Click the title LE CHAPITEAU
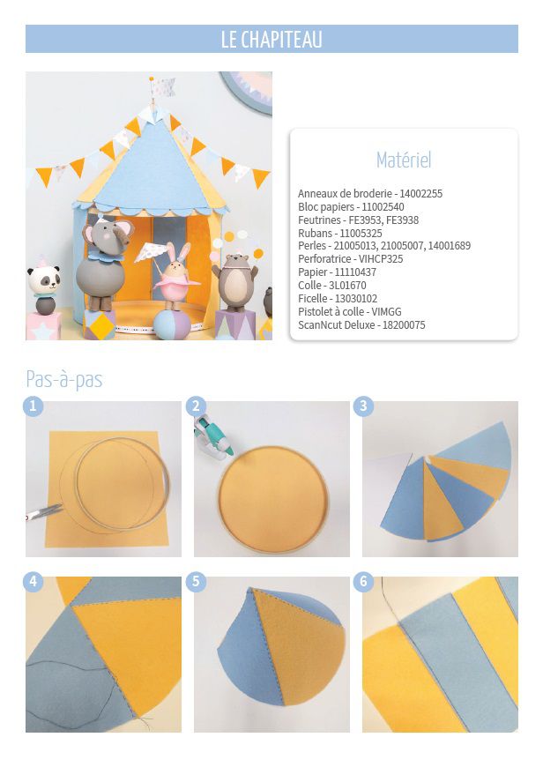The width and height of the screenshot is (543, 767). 271,39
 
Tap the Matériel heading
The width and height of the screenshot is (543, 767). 404,160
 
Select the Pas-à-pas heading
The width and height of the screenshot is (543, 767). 64,380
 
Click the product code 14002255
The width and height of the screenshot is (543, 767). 420,194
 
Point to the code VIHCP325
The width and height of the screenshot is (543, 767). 381,259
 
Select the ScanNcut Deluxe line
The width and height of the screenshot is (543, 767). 361,325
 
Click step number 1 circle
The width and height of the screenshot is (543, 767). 33,406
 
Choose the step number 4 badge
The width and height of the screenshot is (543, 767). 33,582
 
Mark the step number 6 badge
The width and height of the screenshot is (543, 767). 363,582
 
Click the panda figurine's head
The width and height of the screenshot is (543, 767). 43,279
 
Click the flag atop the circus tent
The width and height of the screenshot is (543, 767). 162,87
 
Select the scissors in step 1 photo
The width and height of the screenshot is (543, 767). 43,512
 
